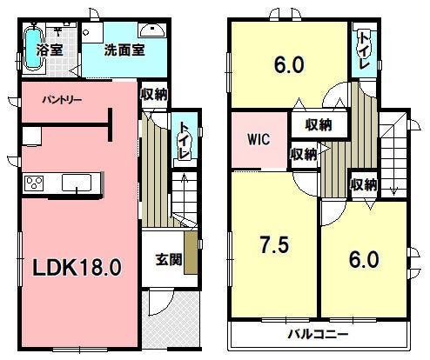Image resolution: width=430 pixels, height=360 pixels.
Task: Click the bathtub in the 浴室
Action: (x=33, y=49)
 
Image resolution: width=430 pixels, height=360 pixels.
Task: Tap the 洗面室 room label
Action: (x=124, y=50)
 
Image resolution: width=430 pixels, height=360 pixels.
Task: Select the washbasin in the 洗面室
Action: (x=152, y=30)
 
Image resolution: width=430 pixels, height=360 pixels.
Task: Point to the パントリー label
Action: (x=62, y=100)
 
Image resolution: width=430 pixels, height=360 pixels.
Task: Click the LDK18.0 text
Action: (x=77, y=267)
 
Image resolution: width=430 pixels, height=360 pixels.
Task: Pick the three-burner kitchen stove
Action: (x=34, y=183)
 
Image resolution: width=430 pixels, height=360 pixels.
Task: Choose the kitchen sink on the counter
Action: (x=77, y=183)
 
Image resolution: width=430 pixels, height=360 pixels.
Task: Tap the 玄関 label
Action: (x=169, y=259)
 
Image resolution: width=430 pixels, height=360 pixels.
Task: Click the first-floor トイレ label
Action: (x=185, y=141)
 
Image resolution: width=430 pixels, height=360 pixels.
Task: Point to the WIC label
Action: (x=259, y=139)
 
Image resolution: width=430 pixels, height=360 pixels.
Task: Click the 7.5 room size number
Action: (x=274, y=245)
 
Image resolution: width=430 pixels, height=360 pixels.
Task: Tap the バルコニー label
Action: (x=318, y=335)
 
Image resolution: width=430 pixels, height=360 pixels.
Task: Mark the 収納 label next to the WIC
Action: (x=304, y=154)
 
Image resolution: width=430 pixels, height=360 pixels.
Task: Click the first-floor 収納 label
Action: (x=154, y=94)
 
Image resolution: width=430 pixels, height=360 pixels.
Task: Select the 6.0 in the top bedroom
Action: (x=289, y=65)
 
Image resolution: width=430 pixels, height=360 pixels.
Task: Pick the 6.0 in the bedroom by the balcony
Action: (x=364, y=260)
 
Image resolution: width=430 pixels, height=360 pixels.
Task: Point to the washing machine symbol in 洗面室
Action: (x=92, y=32)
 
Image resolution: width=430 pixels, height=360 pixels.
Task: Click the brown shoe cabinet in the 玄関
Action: (x=191, y=252)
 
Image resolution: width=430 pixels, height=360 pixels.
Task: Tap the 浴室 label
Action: (x=50, y=50)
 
